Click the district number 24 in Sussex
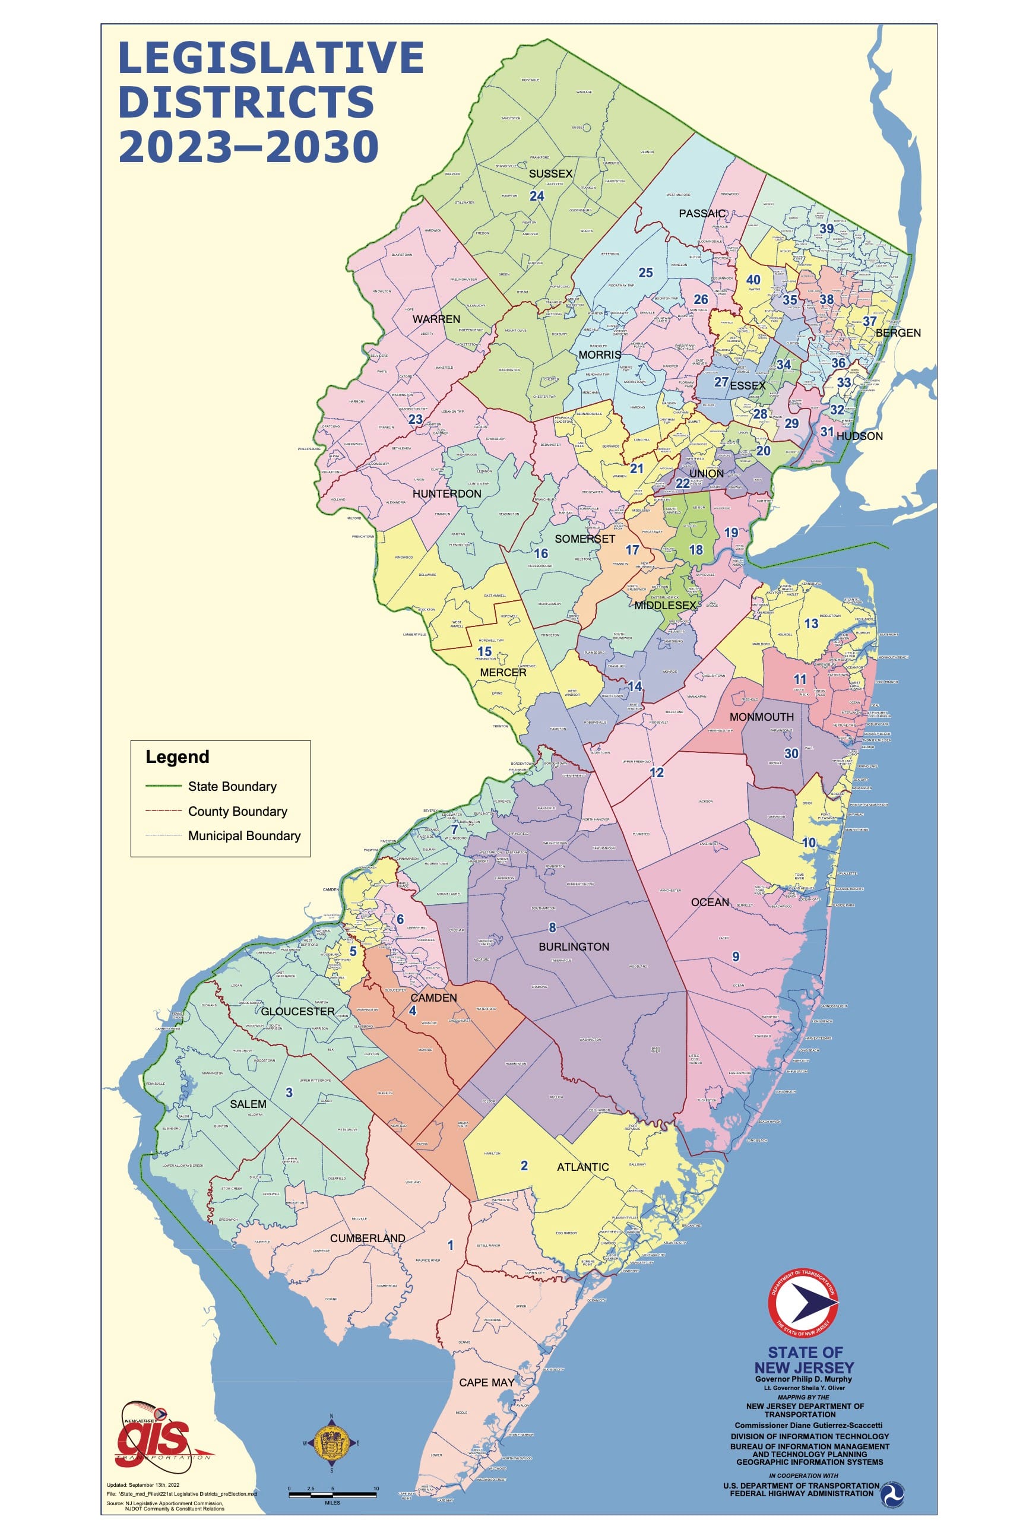click(537, 197)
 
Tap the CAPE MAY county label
click(486, 1382)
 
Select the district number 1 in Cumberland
click(450, 1244)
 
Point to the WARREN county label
click(436, 319)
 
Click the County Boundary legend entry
click(237, 812)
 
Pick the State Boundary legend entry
click(232, 787)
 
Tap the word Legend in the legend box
click(178, 757)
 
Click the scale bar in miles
click(332, 1494)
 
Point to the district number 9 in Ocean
click(736, 957)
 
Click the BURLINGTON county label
click(573, 947)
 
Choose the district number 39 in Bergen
click(827, 229)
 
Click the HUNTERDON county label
click(447, 494)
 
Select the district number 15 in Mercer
click(484, 651)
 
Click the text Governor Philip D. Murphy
click(803, 1379)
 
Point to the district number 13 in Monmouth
click(812, 623)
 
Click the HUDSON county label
click(859, 436)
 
